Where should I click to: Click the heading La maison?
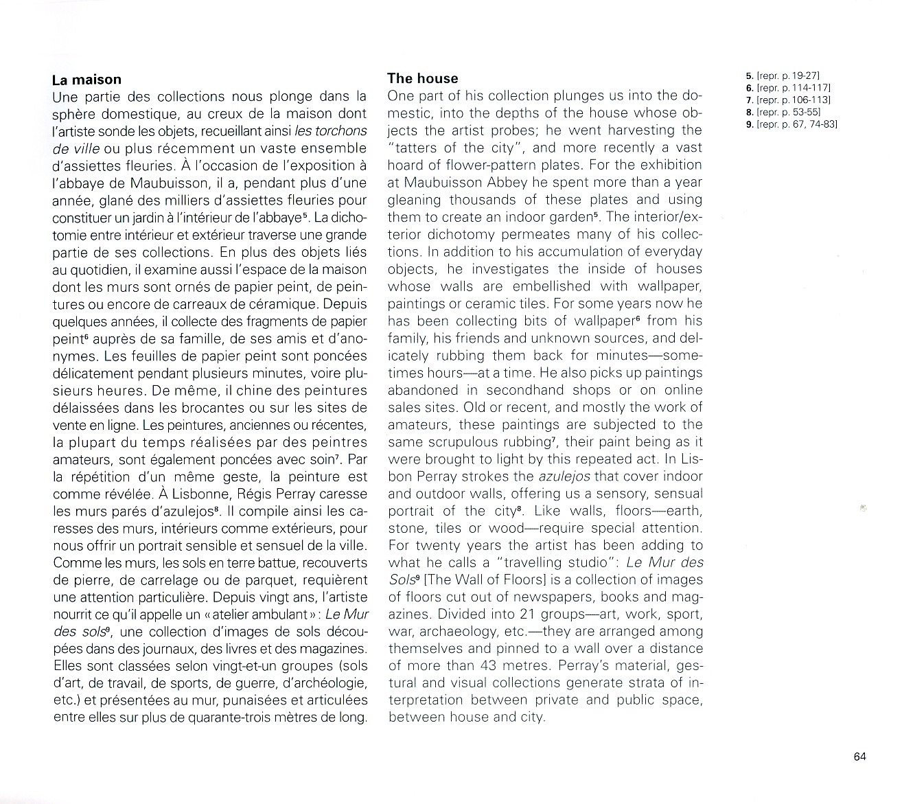(x=86, y=80)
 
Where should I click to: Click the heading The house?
(x=422, y=79)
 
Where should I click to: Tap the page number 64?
(x=859, y=757)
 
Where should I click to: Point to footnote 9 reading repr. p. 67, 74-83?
(x=791, y=124)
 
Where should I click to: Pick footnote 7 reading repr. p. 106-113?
(x=788, y=100)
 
